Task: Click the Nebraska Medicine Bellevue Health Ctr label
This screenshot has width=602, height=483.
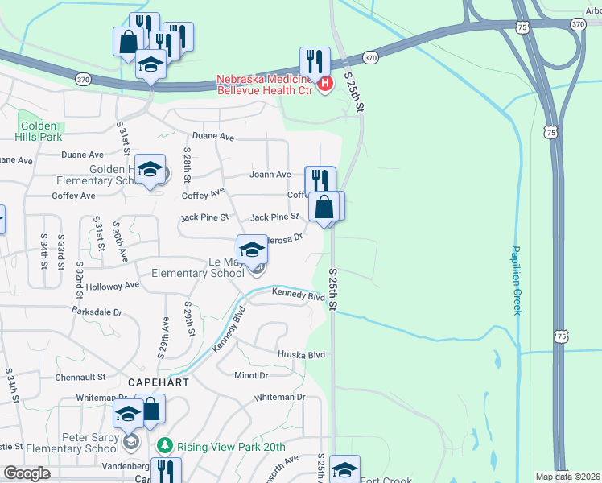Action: (x=265, y=85)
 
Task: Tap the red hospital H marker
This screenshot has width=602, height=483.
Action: (x=325, y=83)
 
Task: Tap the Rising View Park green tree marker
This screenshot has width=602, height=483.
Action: (x=165, y=445)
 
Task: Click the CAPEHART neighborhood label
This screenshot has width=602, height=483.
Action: (x=159, y=382)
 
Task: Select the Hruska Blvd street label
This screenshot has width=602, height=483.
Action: (x=301, y=354)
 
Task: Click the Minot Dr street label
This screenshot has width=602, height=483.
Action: (x=251, y=375)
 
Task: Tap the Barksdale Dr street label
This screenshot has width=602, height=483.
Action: (x=97, y=311)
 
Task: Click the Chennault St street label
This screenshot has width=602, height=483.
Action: (x=80, y=377)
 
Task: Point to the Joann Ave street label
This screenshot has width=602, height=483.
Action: (x=270, y=175)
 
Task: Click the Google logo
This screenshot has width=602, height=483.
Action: (x=27, y=473)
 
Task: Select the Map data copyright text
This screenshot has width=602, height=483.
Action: (x=568, y=477)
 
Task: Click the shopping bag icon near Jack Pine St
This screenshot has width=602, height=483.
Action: (x=324, y=206)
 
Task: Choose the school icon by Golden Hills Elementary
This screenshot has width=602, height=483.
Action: (x=149, y=168)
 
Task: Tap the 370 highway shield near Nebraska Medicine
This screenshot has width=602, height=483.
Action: (x=370, y=58)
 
